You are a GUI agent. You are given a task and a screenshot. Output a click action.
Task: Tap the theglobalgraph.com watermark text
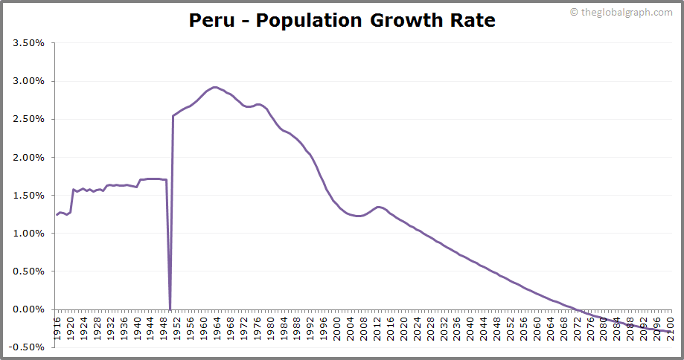click(626, 12)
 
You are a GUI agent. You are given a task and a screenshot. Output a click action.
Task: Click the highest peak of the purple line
click(215, 87)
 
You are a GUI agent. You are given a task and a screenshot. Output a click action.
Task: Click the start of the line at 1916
click(57, 215)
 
